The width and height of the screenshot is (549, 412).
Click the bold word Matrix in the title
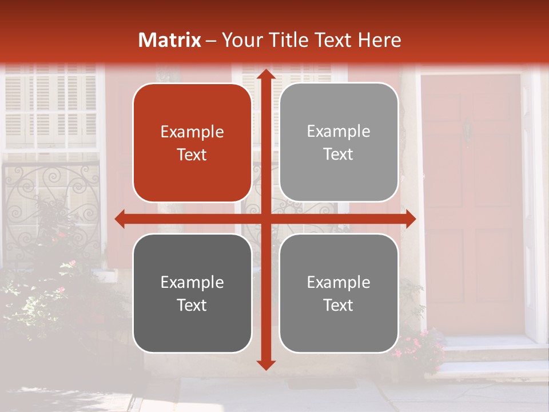[170, 40]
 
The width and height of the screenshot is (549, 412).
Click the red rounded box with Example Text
[192, 143]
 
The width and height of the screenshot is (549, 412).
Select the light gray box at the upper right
[339, 142]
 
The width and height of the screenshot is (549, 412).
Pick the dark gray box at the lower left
[192, 294]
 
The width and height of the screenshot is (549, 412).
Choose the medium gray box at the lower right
[339, 294]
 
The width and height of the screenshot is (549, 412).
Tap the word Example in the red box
[192, 132]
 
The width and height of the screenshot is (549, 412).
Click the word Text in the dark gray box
[192, 305]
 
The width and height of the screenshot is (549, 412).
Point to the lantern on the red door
[468, 130]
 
